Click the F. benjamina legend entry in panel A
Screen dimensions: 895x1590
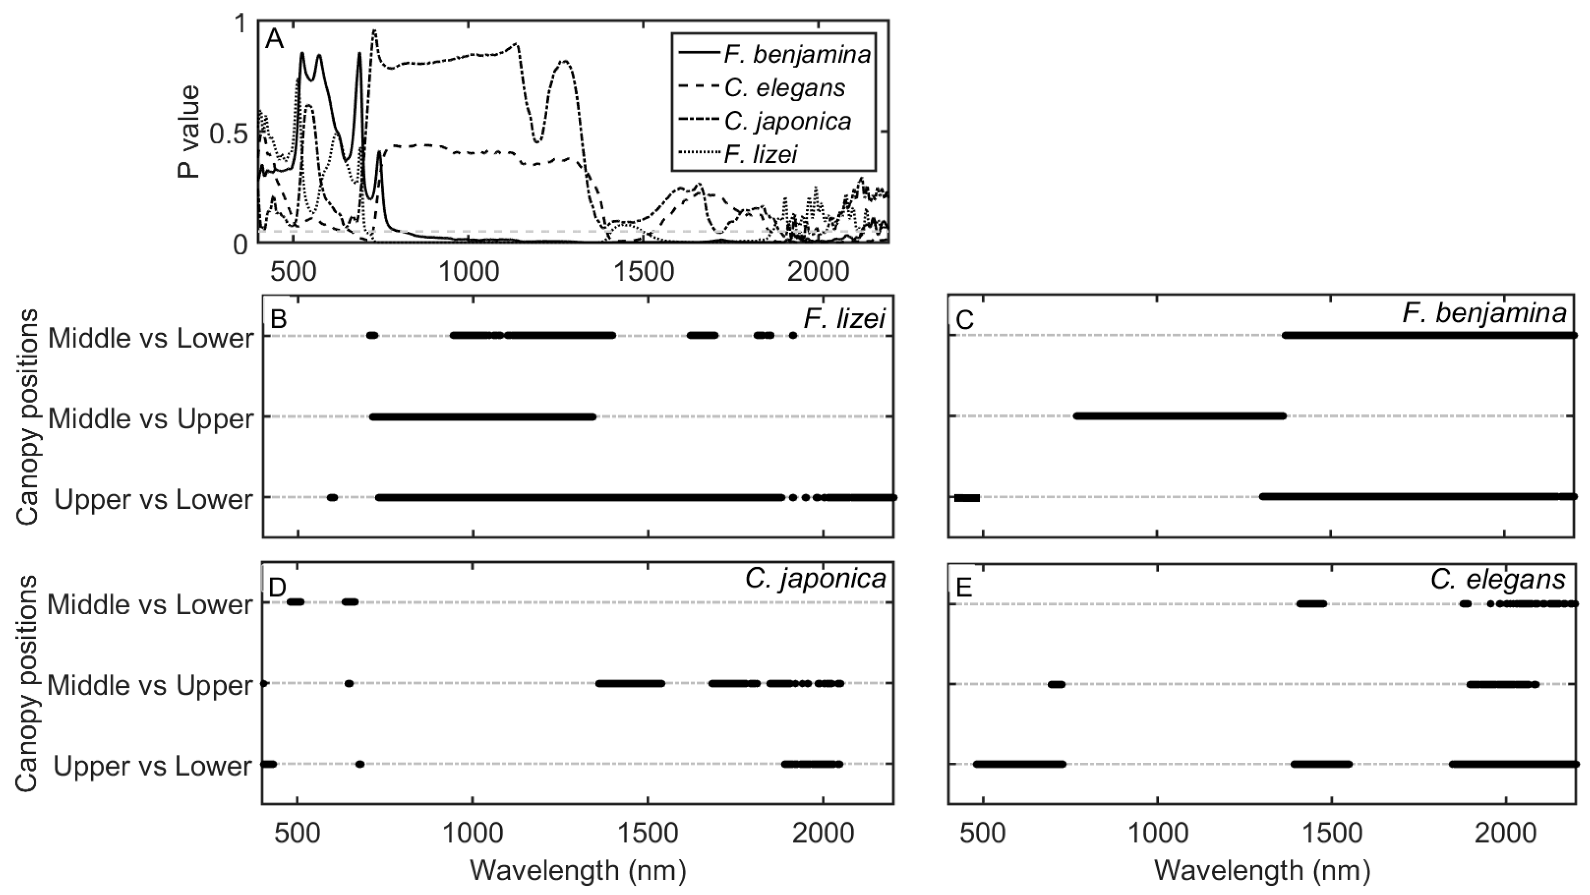coord(796,54)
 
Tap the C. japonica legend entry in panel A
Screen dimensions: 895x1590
coord(787,121)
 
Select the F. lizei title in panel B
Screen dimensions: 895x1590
coord(844,319)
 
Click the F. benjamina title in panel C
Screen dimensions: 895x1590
coord(1484,313)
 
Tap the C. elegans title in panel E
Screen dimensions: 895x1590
coord(1497,579)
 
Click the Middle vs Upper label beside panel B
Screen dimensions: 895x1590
coord(151,419)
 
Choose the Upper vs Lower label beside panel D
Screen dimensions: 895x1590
coord(153,766)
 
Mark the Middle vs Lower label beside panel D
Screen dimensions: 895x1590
coord(150,604)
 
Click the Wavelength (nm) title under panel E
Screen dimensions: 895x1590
coord(1262,870)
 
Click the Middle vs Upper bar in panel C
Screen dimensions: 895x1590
coord(1180,416)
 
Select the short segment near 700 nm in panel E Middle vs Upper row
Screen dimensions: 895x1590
coord(1056,684)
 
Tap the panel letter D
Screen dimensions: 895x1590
coord(278,587)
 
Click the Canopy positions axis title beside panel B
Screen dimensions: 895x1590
coord(27,417)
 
